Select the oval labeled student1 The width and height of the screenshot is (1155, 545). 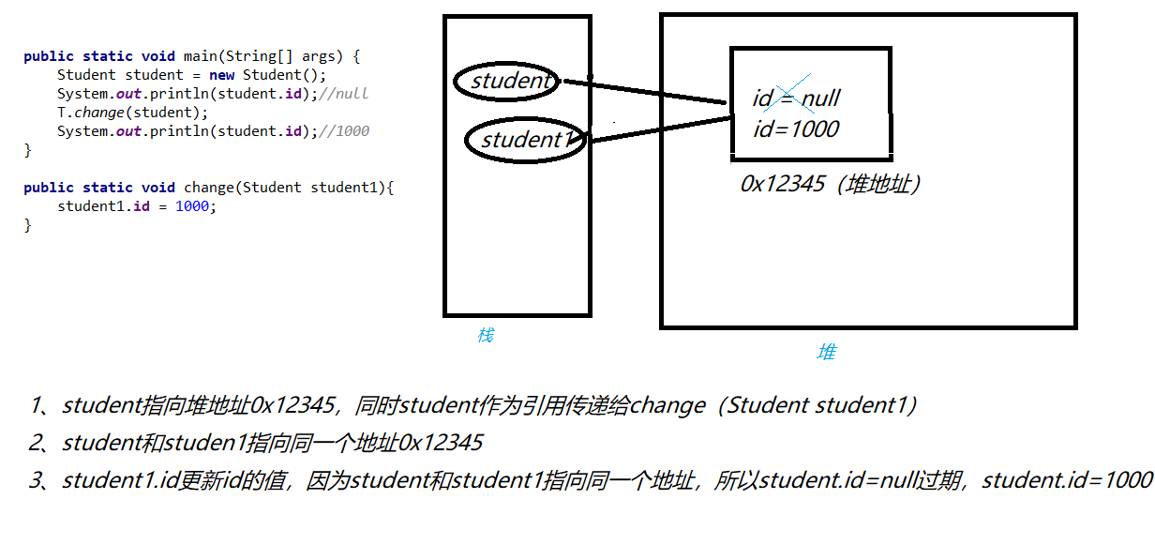pyautogui.click(x=526, y=141)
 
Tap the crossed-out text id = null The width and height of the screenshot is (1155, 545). pyautogui.click(x=796, y=98)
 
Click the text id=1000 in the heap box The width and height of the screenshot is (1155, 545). pyautogui.click(x=795, y=129)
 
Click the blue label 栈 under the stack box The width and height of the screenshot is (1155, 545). pyautogui.click(x=485, y=335)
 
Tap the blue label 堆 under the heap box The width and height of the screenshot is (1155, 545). pyautogui.click(x=826, y=352)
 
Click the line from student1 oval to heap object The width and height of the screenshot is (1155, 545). pyautogui.click(x=656, y=129)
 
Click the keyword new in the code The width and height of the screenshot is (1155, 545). pyautogui.click(x=222, y=75)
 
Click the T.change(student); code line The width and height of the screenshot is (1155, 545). pyautogui.click(x=133, y=113)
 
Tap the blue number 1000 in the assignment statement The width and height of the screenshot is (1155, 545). pyautogui.click(x=191, y=206)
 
